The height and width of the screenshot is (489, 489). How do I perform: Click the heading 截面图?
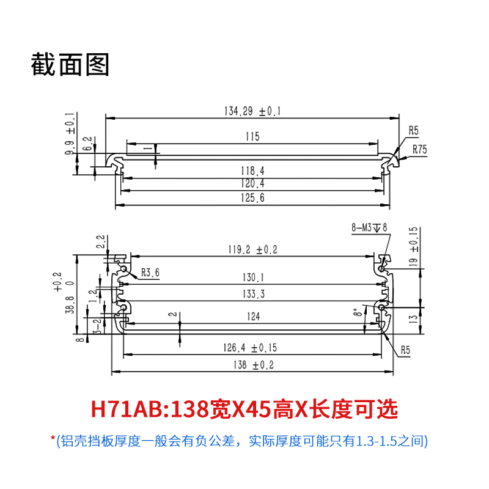point(70,64)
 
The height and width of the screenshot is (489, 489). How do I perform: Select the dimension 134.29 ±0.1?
point(252,111)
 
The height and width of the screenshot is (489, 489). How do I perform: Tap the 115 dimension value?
point(252,136)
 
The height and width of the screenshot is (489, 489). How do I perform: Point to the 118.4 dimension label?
point(252,171)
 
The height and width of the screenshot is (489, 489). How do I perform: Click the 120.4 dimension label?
point(252,183)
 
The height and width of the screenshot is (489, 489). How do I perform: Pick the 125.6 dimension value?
point(252,197)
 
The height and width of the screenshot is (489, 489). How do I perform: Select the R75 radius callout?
point(419,149)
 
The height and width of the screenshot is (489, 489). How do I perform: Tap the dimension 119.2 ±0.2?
point(252,249)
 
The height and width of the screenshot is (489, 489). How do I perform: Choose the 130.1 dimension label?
point(253,278)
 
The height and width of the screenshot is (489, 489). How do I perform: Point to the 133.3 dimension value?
point(253,294)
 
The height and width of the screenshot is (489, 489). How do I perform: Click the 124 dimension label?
point(253,317)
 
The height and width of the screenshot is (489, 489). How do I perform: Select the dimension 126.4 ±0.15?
point(250,348)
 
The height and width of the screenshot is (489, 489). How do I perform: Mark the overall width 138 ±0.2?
point(253,365)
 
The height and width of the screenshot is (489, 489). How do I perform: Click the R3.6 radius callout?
point(150,273)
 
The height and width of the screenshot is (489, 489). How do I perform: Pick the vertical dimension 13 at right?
point(413,319)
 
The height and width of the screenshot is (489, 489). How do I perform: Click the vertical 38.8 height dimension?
point(70,304)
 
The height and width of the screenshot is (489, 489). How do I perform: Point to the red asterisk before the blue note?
point(53,438)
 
